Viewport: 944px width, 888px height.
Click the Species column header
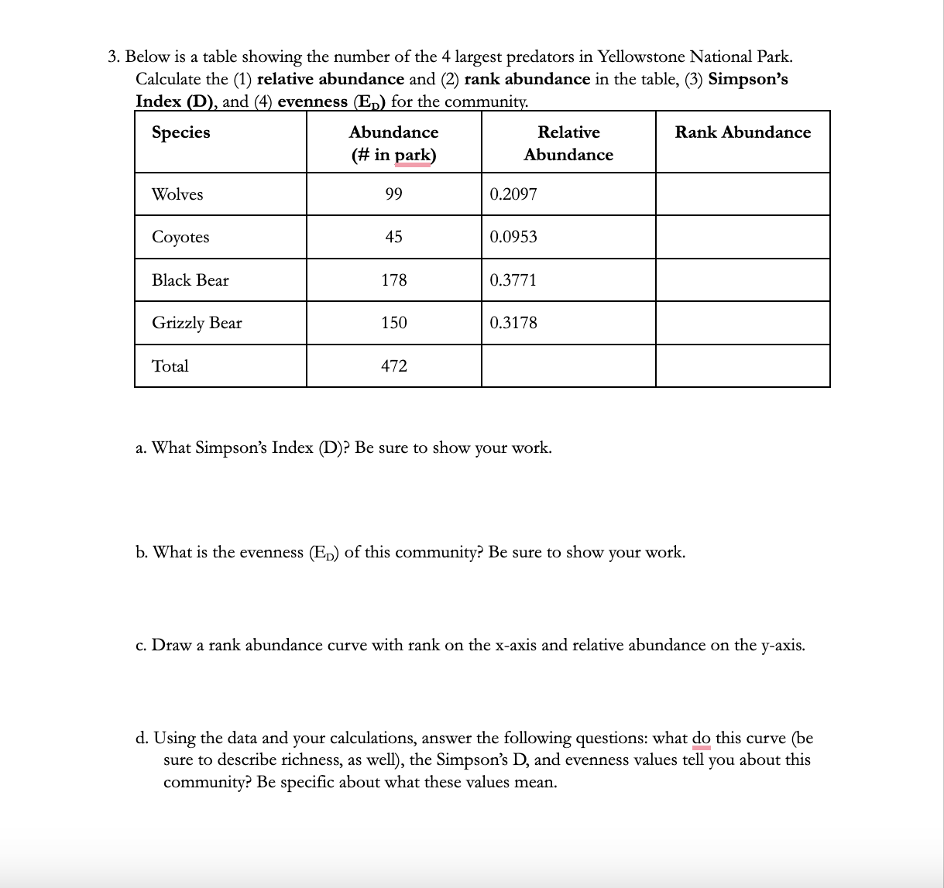(x=181, y=132)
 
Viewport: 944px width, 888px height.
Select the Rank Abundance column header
(x=743, y=132)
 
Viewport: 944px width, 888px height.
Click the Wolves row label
(x=177, y=194)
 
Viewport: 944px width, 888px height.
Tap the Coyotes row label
(x=180, y=237)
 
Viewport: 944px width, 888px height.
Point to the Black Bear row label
(x=191, y=280)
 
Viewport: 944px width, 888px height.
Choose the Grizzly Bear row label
(x=197, y=323)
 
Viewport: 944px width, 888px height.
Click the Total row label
(x=170, y=366)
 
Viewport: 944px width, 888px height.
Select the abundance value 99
(x=393, y=194)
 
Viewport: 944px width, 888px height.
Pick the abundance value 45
(x=393, y=237)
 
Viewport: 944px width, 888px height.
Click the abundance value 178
(x=393, y=280)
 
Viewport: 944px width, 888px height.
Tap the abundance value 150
(x=393, y=323)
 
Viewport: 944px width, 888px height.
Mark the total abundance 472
(x=393, y=366)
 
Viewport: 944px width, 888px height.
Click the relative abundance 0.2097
(x=513, y=194)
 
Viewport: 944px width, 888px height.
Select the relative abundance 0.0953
(x=513, y=237)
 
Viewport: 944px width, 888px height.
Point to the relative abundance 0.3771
(x=513, y=280)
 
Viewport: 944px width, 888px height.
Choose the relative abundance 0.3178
(x=513, y=323)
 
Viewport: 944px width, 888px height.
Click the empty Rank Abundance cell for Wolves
(x=743, y=194)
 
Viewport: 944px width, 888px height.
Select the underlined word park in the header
(x=413, y=155)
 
